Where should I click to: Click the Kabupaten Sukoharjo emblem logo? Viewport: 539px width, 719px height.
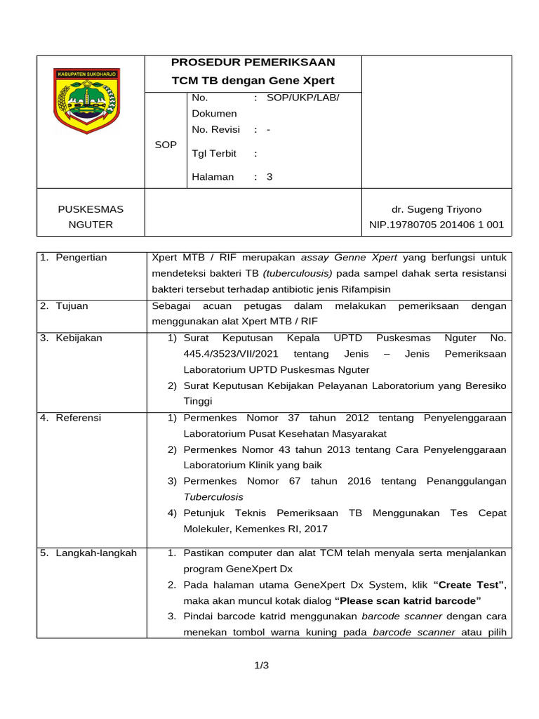tap(87, 100)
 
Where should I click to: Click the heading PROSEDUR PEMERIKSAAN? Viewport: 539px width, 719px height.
tap(253, 62)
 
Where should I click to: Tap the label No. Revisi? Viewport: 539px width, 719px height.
tap(215, 130)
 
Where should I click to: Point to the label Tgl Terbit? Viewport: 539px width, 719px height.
tap(214, 153)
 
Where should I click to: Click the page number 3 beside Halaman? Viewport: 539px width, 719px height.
tap(269, 177)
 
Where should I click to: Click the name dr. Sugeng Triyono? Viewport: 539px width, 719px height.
tap(437, 209)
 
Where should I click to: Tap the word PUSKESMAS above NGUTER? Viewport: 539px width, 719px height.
tap(91, 209)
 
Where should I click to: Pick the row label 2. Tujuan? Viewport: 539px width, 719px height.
tap(64, 306)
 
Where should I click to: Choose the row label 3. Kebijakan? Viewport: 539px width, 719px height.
tap(70, 338)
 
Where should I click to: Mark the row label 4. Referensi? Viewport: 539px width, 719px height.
tap(70, 418)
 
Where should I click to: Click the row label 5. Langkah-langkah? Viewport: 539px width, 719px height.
tap(88, 553)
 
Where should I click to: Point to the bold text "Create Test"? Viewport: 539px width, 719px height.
tap(469, 585)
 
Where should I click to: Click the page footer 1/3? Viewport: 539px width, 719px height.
tap(262, 666)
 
